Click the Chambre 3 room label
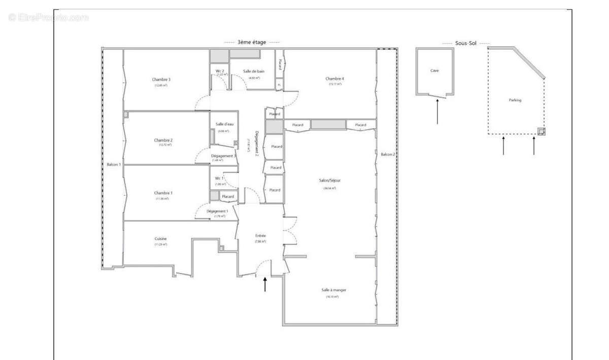coord(161,80)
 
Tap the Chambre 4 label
coord(334,79)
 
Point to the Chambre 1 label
coord(163,193)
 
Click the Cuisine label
coord(161,239)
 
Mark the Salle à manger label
coord(333,290)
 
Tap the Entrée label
coord(260,236)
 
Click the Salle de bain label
coord(253,71)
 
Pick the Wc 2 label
coord(220,71)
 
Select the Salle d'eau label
coord(224,124)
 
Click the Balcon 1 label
coord(114,165)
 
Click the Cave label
coord(434,71)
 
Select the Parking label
coord(515,100)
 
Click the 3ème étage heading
coord(252,42)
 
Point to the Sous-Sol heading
coord(466,43)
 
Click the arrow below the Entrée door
coord(265,284)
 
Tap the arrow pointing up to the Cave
coord(437,112)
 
